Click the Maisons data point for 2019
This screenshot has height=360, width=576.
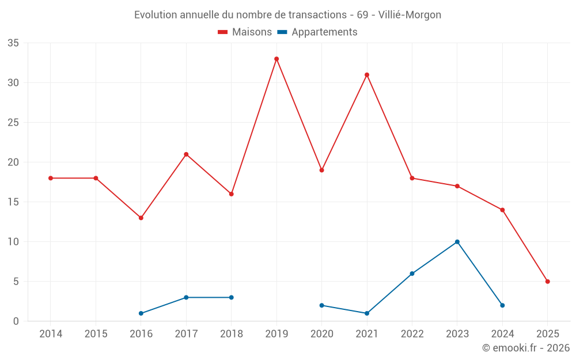276,59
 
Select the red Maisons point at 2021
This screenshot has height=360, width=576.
367,75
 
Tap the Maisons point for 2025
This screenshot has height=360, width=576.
547,282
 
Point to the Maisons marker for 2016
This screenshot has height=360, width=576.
141,218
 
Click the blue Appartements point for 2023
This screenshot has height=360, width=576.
457,242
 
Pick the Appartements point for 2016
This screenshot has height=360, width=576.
141,313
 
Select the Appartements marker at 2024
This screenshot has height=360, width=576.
502,305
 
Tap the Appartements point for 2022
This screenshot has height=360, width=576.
412,274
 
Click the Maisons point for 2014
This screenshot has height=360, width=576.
51,178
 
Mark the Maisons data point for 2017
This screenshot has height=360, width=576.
186,154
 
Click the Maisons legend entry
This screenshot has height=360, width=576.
245,32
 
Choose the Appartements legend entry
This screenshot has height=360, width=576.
317,32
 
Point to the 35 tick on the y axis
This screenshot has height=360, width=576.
13,43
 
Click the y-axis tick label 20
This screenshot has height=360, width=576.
13,162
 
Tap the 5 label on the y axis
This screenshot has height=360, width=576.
16,282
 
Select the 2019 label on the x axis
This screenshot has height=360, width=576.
276,334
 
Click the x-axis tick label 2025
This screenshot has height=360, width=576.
547,334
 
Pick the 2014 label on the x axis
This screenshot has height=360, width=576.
51,334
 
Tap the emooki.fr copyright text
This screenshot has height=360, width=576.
525,348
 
